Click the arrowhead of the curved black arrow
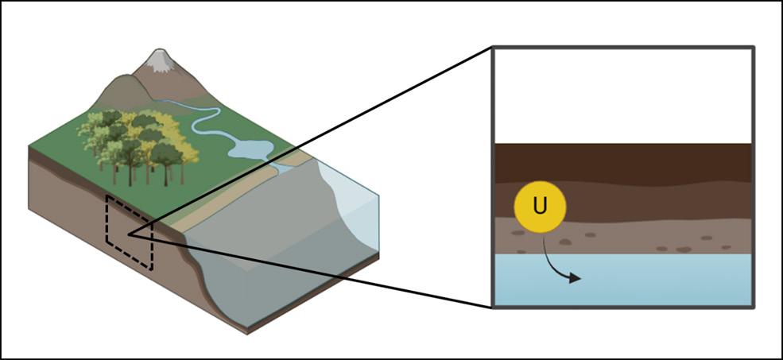(578, 278)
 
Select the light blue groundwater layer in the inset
(636, 282)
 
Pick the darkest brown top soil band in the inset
(636, 163)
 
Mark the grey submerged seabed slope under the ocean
(270, 254)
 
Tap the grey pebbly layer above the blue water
(636, 238)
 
